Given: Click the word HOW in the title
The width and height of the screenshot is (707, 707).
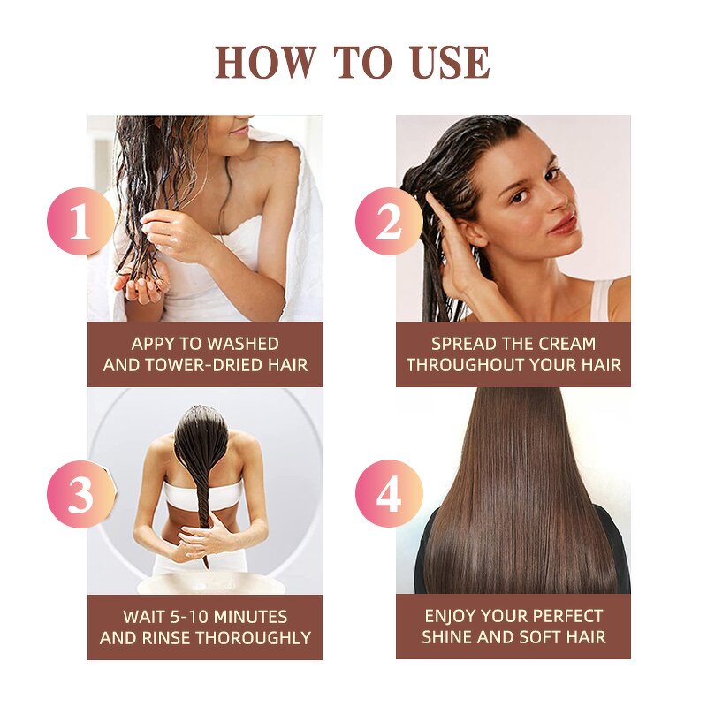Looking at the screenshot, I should click(x=264, y=63).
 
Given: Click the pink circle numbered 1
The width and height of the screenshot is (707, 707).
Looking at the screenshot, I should click(x=80, y=221).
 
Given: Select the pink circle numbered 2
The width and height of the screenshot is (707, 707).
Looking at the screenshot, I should click(x=389, y=221).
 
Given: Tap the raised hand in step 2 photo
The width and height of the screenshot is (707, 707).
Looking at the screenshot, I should click(x=455, y=256).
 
